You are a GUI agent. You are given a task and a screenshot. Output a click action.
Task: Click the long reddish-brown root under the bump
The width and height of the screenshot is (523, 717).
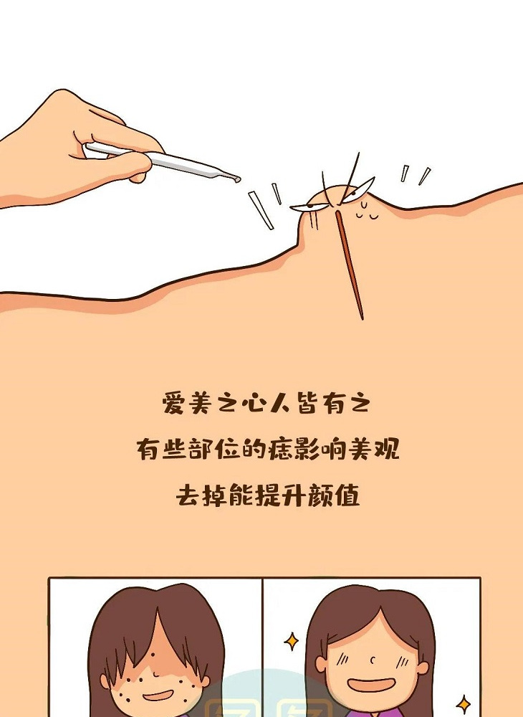(350, 265)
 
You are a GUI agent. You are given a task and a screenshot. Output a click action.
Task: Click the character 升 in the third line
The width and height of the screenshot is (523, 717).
(294, 495)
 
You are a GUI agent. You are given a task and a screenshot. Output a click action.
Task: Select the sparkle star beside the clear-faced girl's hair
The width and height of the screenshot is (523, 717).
(292, 641)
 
